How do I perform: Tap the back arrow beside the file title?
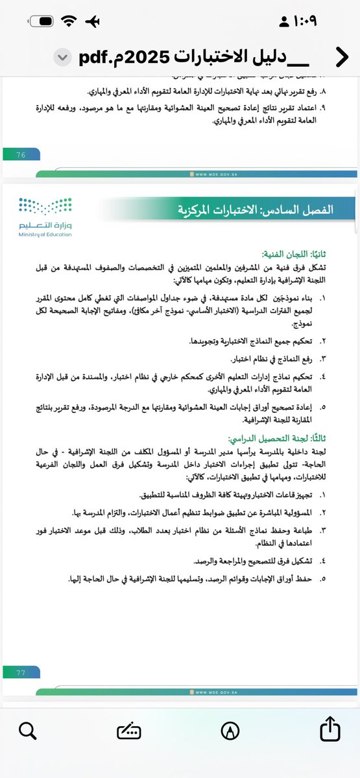341,58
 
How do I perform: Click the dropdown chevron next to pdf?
62,58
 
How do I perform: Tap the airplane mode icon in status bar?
93,21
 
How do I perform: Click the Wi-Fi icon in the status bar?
69,21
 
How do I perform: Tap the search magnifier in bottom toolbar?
27,732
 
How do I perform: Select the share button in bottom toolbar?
331,731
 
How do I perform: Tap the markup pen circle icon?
229,732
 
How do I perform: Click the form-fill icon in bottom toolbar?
128,732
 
